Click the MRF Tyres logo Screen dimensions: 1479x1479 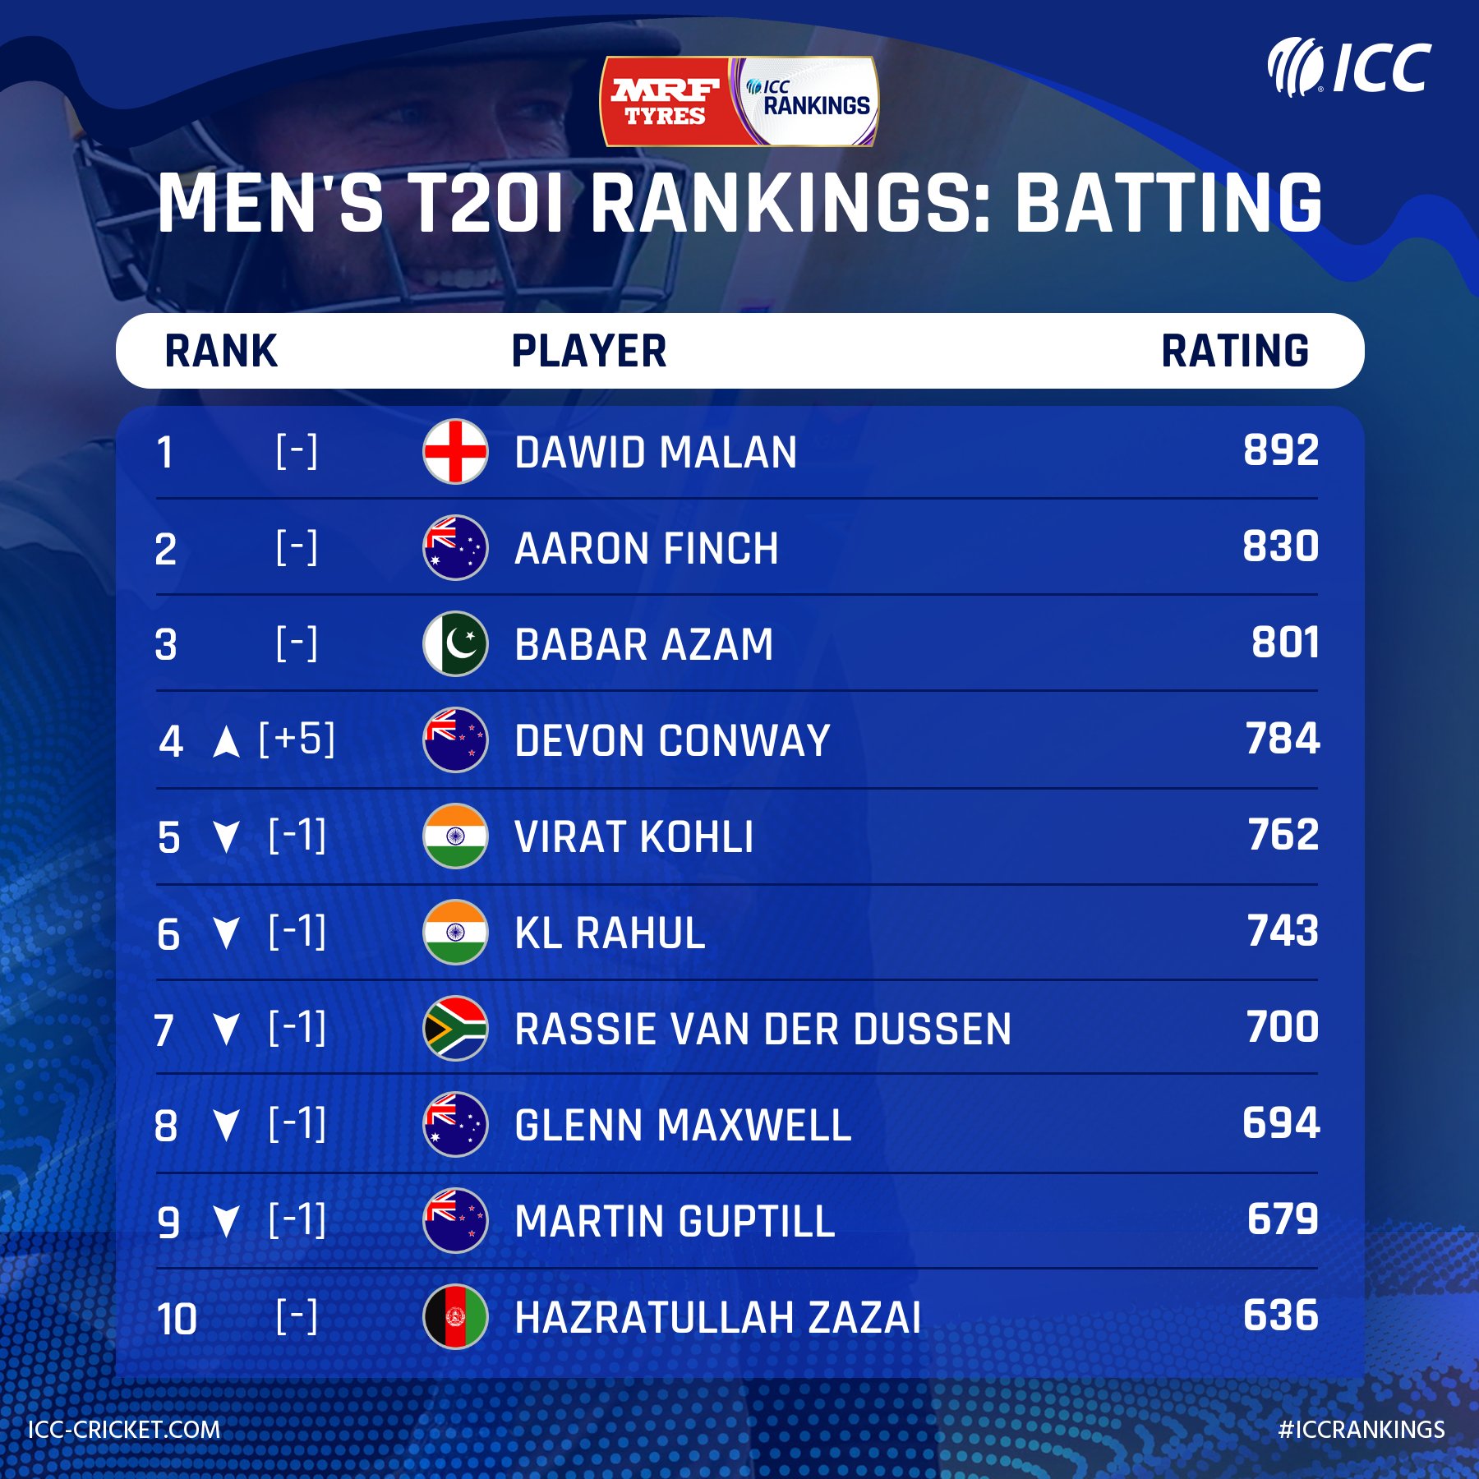(x=666, y=102)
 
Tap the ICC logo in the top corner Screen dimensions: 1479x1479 (x=1349, y=67)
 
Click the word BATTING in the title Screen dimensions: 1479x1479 (x=1168, y=203)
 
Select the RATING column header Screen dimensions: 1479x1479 (x=1234, y=351)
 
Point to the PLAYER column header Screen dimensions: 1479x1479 (x=588, y=351)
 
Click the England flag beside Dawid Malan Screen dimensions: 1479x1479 (x=455, y=452)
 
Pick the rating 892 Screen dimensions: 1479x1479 (x=1280, y=450)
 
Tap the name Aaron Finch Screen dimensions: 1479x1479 (x=647, y=548)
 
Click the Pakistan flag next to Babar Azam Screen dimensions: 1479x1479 (x=455, y=644)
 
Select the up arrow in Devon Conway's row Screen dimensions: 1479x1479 (x=226, y=743)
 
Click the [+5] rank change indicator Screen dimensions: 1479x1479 (x=297, y=739)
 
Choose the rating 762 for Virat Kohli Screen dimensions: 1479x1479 (x=1283, y=835)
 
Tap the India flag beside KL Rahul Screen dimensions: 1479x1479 (x=455, y=933)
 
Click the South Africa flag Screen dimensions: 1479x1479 (x=455, y=1028)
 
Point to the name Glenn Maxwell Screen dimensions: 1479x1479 (x=682, y=1125)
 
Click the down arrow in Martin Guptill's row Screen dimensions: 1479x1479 (x=226, y=1222)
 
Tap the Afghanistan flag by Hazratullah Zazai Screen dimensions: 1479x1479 (x=455, y=1317)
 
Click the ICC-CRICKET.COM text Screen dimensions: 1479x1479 (x=124, y=1429)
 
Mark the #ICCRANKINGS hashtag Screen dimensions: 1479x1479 (x=1361, y=1430)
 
